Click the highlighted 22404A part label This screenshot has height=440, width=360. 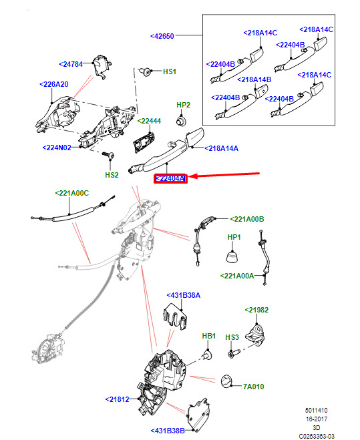[170, 178]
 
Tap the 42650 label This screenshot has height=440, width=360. [162, 36]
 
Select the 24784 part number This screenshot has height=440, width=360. [71, 64]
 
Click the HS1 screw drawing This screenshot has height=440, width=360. [146, 72]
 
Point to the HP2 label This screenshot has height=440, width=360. [184, 105]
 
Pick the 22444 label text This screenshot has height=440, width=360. [149, 121]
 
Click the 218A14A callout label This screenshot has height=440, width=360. [221, 148]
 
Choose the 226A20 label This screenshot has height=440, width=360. [54, 84]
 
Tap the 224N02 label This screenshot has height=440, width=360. [57, 148]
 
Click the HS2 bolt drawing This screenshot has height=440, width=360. [109, 155]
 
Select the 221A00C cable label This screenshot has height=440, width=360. [72, 193]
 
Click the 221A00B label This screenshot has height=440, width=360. [247, 219]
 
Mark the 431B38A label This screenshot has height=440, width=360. [184, 295]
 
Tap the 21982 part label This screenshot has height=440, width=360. [256, 310]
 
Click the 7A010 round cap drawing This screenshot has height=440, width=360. [227, 382]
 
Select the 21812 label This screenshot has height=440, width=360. [117, 399]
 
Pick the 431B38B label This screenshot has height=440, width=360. [168, 431]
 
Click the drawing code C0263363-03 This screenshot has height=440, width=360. [317, 437]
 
